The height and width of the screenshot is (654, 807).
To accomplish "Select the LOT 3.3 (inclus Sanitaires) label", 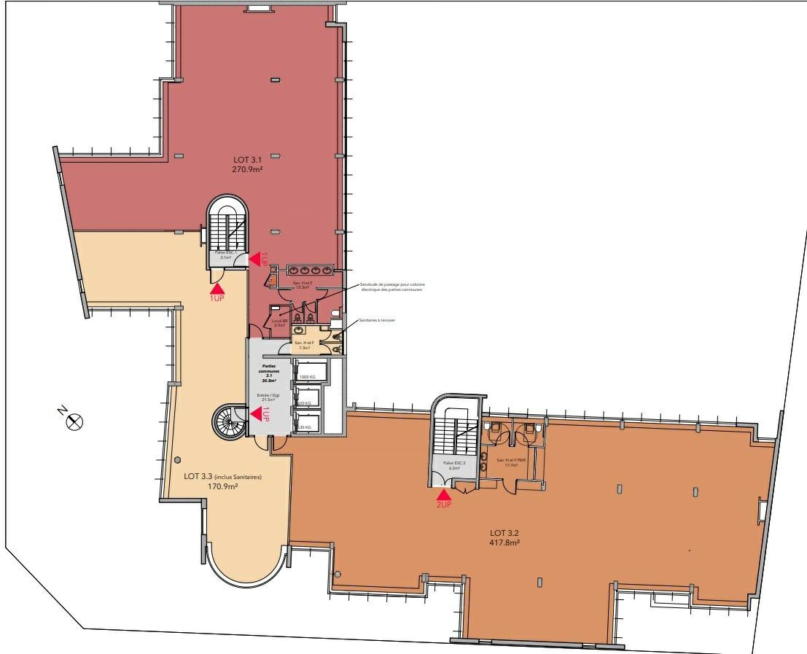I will tap(222, 477).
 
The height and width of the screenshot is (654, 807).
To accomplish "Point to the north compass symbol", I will tap(74, 421).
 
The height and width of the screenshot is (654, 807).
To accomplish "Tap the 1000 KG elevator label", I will tap(307, 377).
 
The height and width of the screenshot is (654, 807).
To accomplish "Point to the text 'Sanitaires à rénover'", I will tap(376, 320).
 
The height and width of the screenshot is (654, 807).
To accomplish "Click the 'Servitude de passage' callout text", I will tap(392, 287).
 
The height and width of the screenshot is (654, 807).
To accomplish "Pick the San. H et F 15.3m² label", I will tap(303, 284).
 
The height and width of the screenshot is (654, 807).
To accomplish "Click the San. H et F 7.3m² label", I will tap(304, 345).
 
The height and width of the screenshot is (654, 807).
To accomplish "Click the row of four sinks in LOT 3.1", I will tap(311, 269).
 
